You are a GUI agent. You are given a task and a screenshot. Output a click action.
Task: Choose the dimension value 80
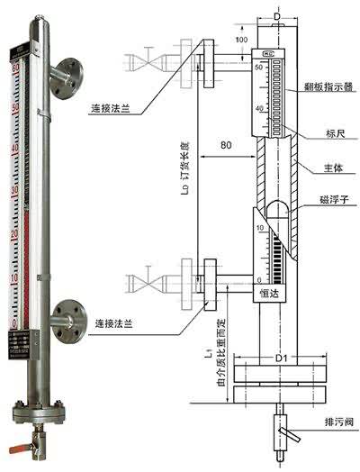click(227, 146)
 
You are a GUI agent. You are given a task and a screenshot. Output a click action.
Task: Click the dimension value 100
click(242, 41)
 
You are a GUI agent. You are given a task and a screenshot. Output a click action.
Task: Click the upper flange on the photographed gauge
click(67, 72)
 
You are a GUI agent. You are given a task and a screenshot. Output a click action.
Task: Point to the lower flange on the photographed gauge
click(67, 315)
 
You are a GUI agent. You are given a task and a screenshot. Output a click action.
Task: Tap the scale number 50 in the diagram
click(259, 68)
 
